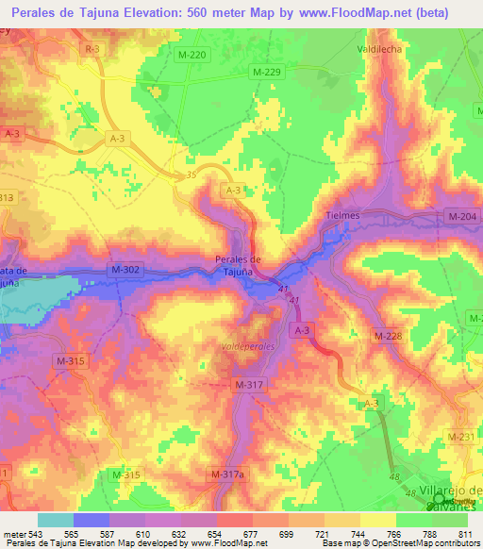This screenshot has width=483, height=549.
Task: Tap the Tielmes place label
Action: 343,215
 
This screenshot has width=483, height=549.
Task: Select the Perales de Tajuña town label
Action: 238,265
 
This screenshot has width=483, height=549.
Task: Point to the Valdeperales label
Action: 247,346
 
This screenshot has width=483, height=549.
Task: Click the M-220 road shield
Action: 192,56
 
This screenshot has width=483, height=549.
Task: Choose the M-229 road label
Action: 265,72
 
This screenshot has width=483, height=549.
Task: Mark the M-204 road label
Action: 462,217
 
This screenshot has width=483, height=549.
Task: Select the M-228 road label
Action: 387,335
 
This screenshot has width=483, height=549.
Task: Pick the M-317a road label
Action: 227,474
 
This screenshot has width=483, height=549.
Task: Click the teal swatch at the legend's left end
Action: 55,520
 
